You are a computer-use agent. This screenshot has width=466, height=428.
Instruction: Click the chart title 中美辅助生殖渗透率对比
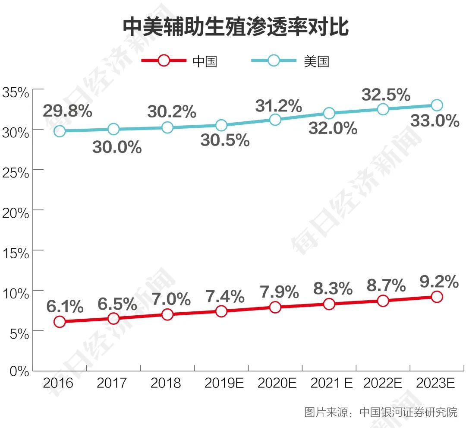tap(236, 27)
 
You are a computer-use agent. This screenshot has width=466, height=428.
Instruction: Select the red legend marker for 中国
tap(164, 60)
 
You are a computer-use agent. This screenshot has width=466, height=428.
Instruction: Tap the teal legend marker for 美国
tap(274, 60)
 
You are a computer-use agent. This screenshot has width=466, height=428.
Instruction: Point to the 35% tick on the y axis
tap(16, 92)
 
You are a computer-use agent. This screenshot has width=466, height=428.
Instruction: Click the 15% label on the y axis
tap(16, 253)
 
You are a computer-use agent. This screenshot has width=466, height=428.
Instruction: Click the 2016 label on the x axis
tap(59, 383)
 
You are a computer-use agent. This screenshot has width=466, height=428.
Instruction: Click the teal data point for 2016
tap(60, 131)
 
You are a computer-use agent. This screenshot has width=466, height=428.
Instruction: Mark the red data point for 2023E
tap(437, 297)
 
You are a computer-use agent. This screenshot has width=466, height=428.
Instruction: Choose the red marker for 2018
tap(167, 314)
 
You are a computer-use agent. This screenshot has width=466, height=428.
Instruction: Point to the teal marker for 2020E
tap(275, 120)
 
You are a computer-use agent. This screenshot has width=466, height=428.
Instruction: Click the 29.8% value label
tap(67, 111)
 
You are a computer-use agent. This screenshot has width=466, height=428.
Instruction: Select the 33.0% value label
tap(435, 121)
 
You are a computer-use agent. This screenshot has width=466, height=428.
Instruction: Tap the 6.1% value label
tap(65, 307)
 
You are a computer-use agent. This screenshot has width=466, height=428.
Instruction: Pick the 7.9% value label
tap(280, 292)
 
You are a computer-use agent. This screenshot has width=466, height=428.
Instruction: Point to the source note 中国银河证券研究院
tap(408, 412)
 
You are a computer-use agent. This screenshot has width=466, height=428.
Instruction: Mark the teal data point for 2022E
tap(383, 109)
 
